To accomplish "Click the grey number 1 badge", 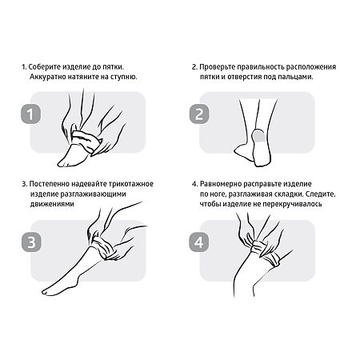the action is click(30, 114).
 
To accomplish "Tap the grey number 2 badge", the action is click(199, 114).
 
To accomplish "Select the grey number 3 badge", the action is click(31, 242).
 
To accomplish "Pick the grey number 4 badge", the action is click(199, 242).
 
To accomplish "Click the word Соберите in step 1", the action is click(44, 66).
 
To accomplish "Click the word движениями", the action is click(52, 204).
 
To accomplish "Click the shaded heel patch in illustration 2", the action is click(258, 136).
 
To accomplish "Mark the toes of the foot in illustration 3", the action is click(47, 291).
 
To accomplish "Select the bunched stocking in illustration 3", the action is click(105, 246).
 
